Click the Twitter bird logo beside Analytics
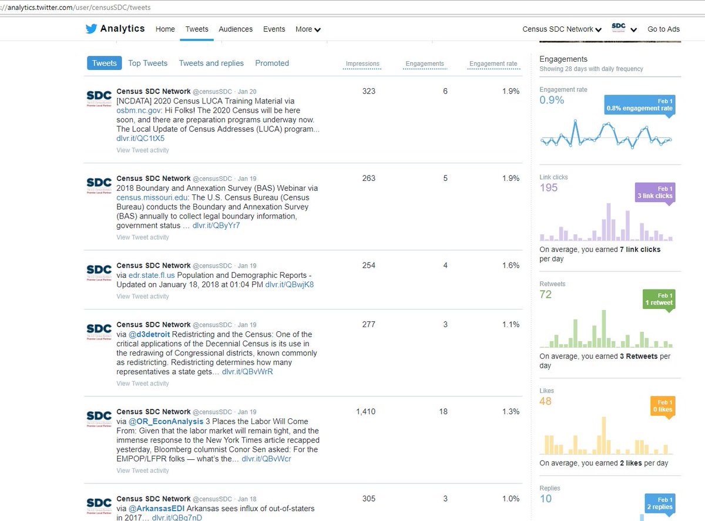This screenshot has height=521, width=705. point(91,29)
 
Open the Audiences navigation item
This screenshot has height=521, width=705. point(236,29)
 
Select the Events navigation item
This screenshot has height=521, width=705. point(274,29)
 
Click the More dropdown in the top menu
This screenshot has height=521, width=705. point(308,29)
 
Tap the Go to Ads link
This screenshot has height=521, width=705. point(663,29)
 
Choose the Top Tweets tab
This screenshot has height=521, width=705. point(147,63)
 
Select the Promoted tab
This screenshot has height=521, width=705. point(271,63)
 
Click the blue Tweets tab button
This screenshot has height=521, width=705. point(105,63)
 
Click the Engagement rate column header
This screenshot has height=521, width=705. point(493,64)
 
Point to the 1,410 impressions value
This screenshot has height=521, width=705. point(365,412)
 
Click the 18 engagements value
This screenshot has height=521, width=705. point(444,412)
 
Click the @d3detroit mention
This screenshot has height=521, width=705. point(149,334)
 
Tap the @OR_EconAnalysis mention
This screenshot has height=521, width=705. point(166,421)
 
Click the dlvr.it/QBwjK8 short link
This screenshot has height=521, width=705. point(289,285)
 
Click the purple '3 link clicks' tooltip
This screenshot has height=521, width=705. point(654,192)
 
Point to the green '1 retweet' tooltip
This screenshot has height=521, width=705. point(658,299)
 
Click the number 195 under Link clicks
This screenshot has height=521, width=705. point(549,187)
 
